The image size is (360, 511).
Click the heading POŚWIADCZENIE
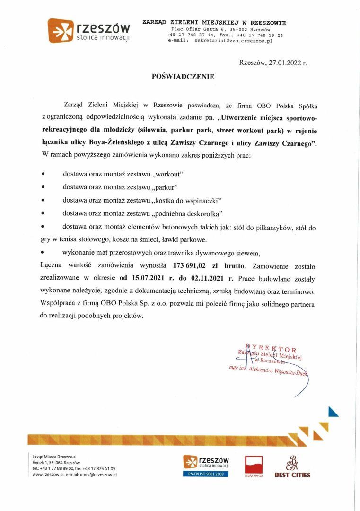point(183,76)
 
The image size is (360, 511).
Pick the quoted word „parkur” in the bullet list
point(166,187)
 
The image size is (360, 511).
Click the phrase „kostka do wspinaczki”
point(187,200)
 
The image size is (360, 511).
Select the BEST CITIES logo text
point(292,475)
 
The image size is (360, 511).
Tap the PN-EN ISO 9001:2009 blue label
point(206,474)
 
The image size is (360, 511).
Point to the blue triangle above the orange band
point(333,412)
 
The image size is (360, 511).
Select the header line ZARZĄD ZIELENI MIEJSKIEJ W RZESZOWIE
point(214,23)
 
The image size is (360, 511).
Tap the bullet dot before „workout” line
point(44,174)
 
